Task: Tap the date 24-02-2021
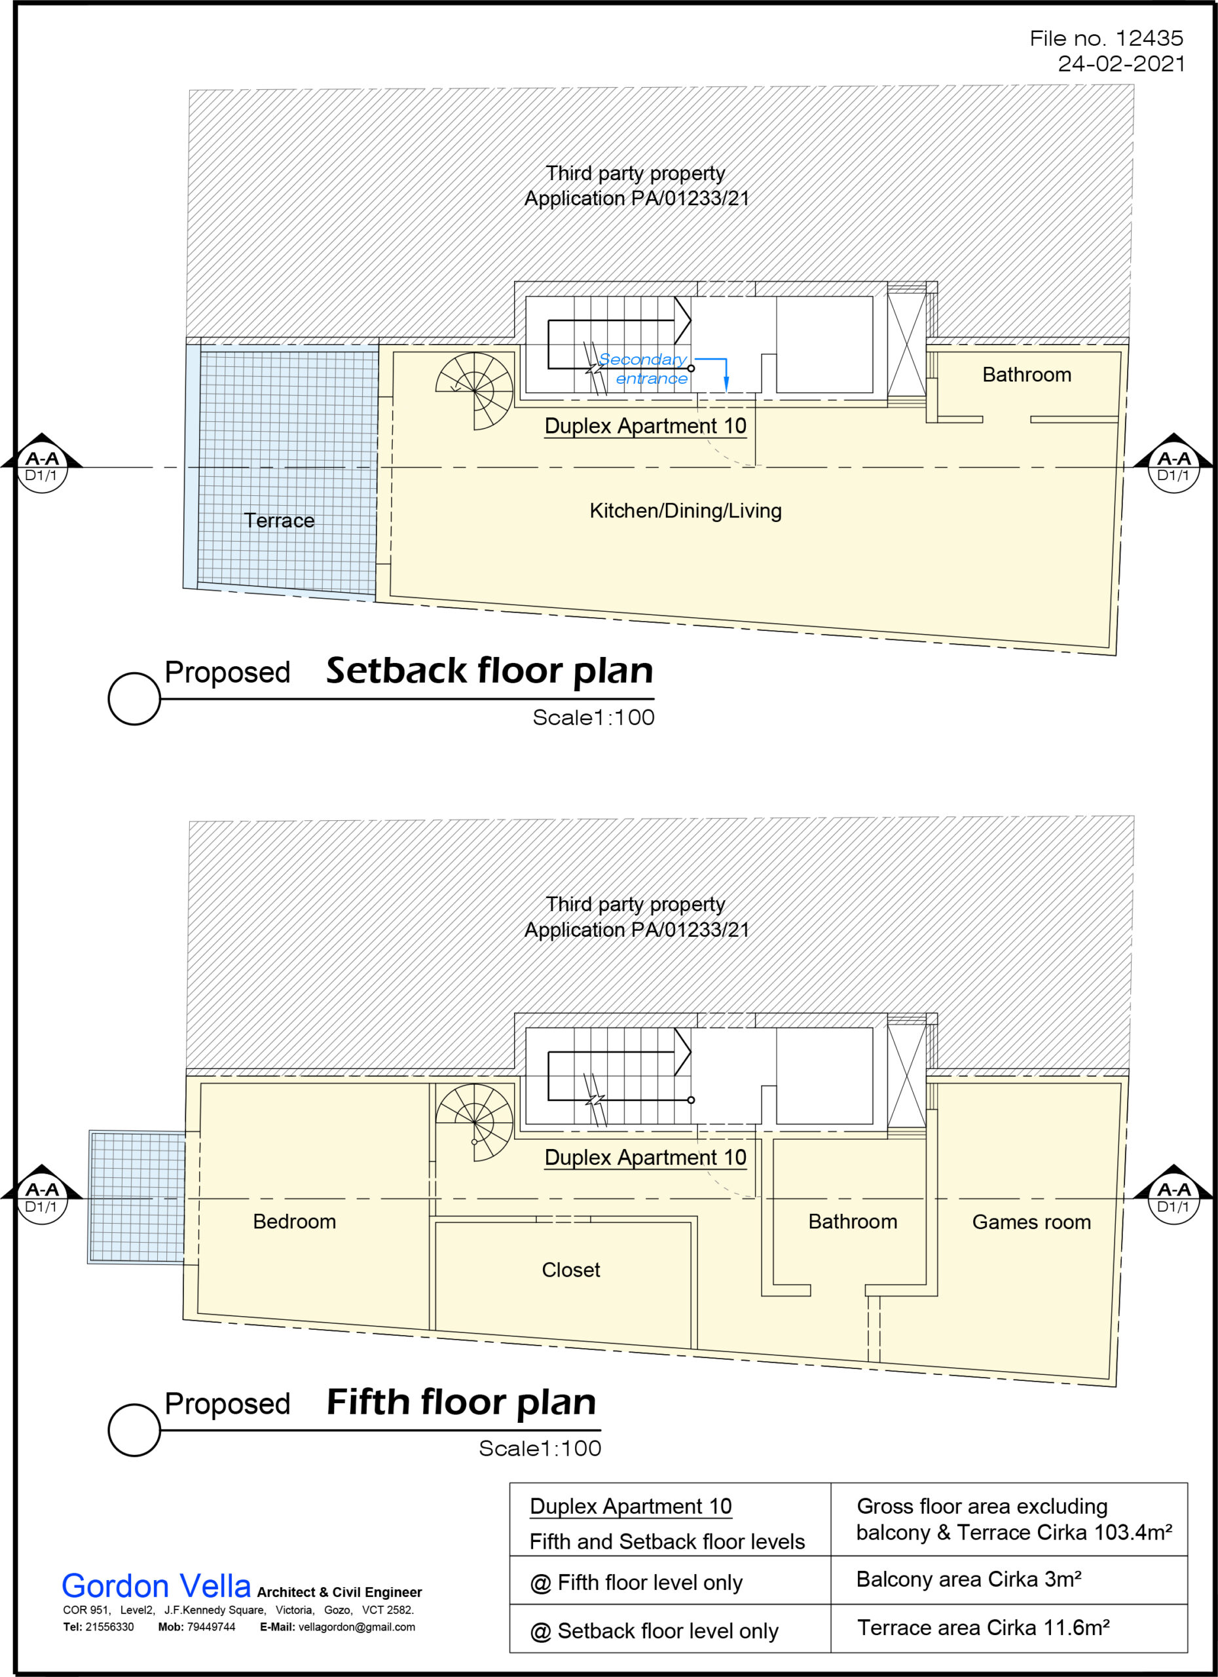coord(1120,64)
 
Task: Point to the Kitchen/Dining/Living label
coord(685,511)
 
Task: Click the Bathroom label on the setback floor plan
coord(1026,375)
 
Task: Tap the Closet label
coord(570,1270)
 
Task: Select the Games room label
coord(1031,1222)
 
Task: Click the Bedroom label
coord(294,1222)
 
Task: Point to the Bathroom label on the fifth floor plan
coord(852,1222)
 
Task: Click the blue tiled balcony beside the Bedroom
coord(137,1197)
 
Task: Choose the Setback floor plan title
coord(489,671)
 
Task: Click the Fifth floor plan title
coord(461,1402)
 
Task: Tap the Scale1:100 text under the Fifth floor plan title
coord(540,1448)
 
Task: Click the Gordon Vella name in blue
coord(156,1587)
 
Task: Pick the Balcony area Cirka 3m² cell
coord(969,1579)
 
